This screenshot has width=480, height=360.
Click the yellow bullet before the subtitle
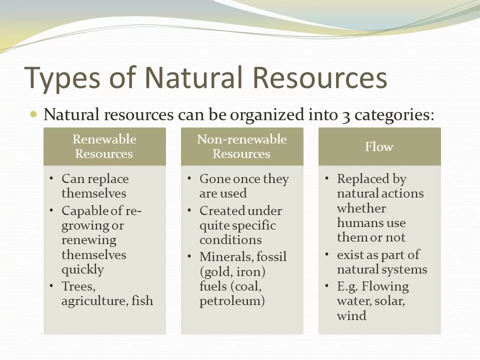click(x=34, y=114)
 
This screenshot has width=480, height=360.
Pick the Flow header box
click(x=379, y=146)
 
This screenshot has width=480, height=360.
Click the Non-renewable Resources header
click(x=241, y=146)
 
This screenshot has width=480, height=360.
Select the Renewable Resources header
click(x=104, y=146)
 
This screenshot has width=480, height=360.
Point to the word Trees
click(x=78, y=286)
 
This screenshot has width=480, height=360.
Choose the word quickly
click(x=82, y=269)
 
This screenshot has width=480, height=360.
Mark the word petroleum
click(x=231, y=301)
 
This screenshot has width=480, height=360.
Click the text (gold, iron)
click(x=232, y=272)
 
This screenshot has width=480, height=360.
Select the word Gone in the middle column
click(x=213, y=179)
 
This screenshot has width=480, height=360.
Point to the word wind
click(x=351, y=316)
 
